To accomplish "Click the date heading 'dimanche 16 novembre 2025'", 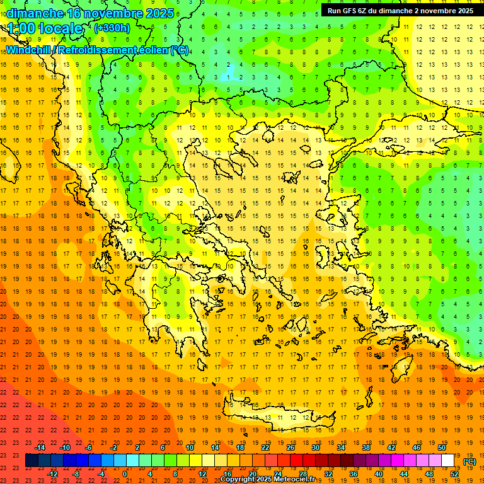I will [90, 13].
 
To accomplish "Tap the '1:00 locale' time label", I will [45, 28].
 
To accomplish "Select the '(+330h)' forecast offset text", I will [112, 28].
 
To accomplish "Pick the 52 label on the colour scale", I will [454, 474].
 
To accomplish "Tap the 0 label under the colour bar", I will [125, 474].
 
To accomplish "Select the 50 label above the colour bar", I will [442, 447].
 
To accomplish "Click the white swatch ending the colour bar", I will [448, 461].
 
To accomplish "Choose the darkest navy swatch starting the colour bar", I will [32, 461].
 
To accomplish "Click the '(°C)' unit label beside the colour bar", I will [470, 461].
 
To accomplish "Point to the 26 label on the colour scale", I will [291, 447].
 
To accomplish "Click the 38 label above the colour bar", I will [366, 447].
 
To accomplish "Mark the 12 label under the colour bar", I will [202, 474].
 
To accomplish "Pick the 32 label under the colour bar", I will [328, 474].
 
